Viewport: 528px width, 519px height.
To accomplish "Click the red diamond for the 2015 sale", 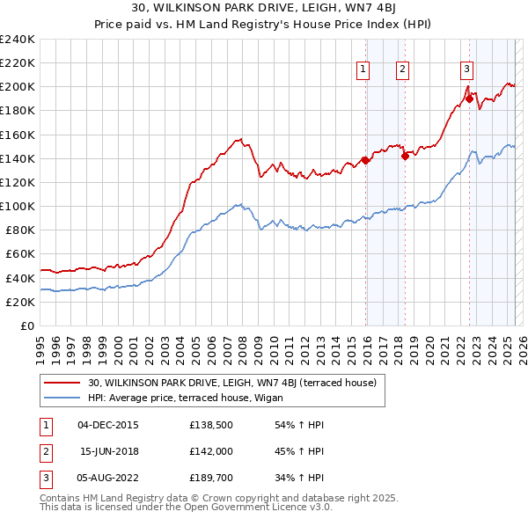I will click(x=365, y=160).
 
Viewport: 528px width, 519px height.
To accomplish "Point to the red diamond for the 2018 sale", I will click(x=406, y=157).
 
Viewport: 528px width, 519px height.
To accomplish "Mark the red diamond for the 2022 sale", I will click(x=469, y=99).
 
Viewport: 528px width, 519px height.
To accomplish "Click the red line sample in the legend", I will click(x=62, y=383).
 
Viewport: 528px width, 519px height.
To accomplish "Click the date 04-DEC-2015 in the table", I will click(x=107, y=425).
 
